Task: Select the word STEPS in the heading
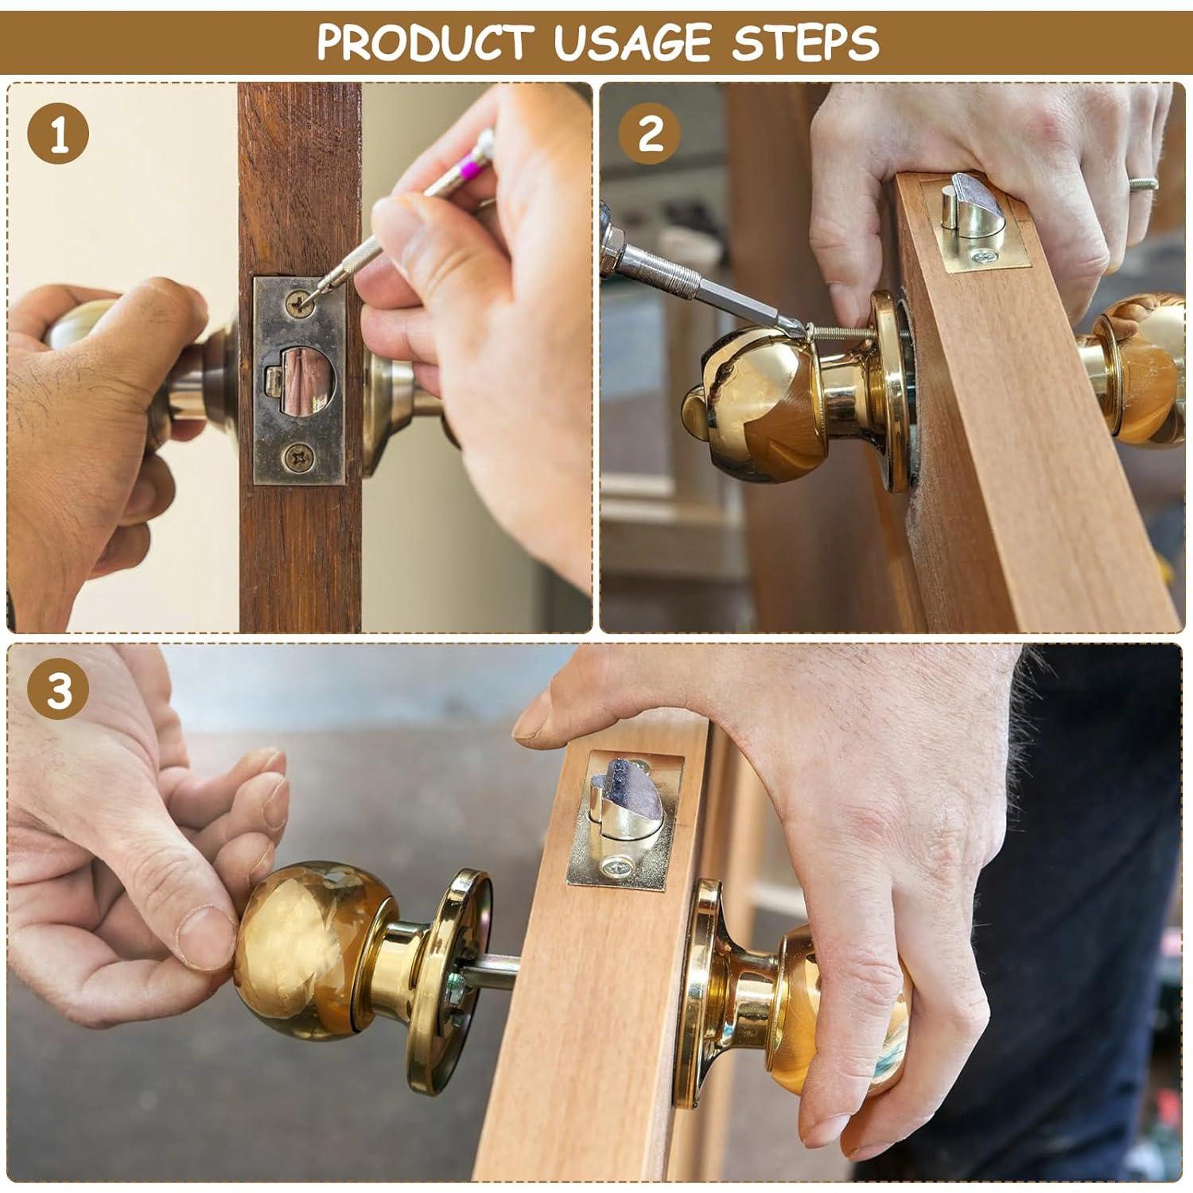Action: click(x=805, y=42)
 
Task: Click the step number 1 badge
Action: click(x=58, y=134)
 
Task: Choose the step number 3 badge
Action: click(x=58, y=689)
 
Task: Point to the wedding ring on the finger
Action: click(x=1143, y=184)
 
